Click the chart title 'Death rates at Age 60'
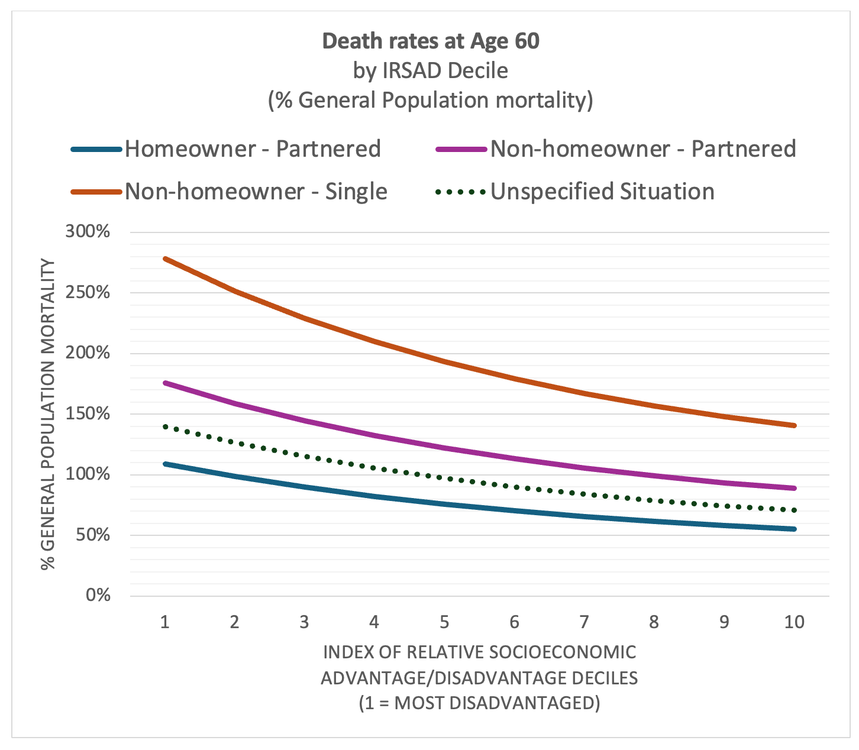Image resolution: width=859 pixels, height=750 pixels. (431, 41)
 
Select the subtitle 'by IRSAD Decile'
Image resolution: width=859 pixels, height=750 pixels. (431, 70)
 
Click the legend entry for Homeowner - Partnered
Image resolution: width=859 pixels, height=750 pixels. (252, 148)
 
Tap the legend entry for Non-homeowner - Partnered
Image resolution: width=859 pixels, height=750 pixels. (642, 148)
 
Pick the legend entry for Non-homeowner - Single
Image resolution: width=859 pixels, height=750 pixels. (256, 192)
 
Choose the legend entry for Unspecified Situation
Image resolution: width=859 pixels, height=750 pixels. (602, 192)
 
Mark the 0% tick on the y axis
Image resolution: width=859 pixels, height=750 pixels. (98, 596)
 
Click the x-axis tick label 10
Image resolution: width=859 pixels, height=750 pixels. (794, 622)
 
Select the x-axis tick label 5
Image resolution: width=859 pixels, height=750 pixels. (444, 622)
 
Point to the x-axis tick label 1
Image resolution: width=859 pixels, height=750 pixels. (165, 622)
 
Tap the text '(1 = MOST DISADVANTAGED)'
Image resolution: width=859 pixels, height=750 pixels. (479, 703)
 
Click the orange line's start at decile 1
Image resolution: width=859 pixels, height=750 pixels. (166, 258)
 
